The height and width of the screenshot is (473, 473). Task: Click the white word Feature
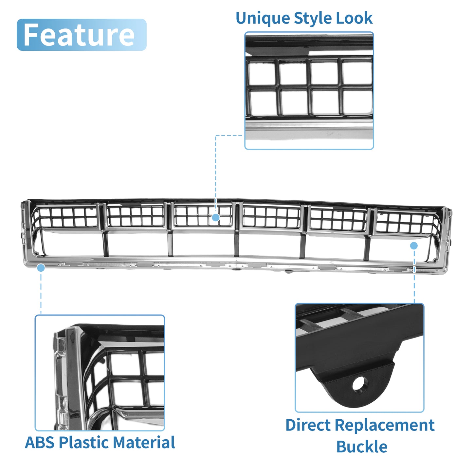click(79, 35)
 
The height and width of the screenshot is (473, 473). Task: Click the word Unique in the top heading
click(263, 18)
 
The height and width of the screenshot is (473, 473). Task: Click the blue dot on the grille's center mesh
click(216, 217)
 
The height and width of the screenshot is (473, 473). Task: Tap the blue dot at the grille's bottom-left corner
click(41, 267)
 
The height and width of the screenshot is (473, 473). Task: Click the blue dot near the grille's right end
click(414, 246)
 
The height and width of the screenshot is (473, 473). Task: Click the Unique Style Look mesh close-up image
click(309, 91)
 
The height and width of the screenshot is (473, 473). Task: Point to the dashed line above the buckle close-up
click(414, 276)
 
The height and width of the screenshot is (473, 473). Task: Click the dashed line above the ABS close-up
click(41, 293)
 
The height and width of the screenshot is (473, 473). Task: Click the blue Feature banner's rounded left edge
click(17, 35)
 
